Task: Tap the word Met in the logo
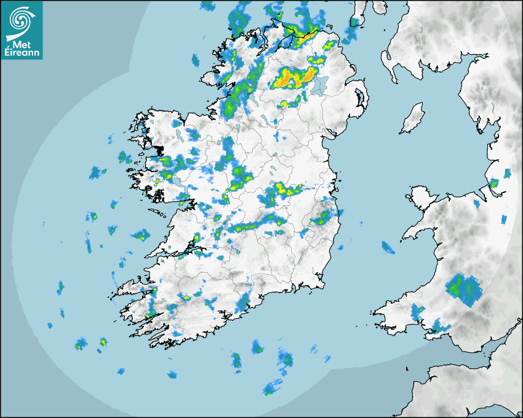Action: click(22, 43)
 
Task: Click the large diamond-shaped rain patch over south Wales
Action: click(464, 289)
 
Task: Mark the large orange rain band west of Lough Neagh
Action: click(295, 77)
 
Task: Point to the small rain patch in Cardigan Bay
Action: click(387, 247)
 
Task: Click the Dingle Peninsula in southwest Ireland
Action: click(132, 289)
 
